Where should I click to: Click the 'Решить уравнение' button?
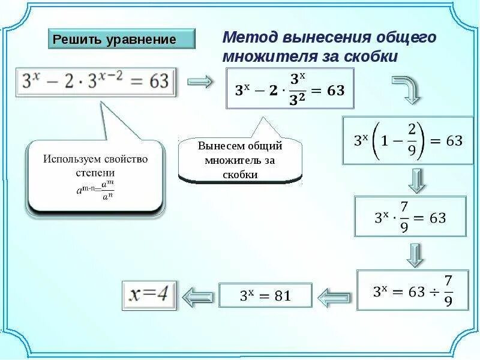click(122, 39)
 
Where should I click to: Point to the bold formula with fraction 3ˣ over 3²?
click(290, 88)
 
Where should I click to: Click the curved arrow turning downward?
click(406, 89)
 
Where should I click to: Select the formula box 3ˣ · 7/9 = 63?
click(410, 217)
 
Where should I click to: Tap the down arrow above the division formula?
click(415, 254)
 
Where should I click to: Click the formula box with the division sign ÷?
click(412, 290)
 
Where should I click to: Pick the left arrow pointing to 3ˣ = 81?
click(334, 295)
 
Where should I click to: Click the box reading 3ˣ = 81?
click(265, 295)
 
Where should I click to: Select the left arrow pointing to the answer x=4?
click(199, 296)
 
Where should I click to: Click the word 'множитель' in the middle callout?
click(229, 160)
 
